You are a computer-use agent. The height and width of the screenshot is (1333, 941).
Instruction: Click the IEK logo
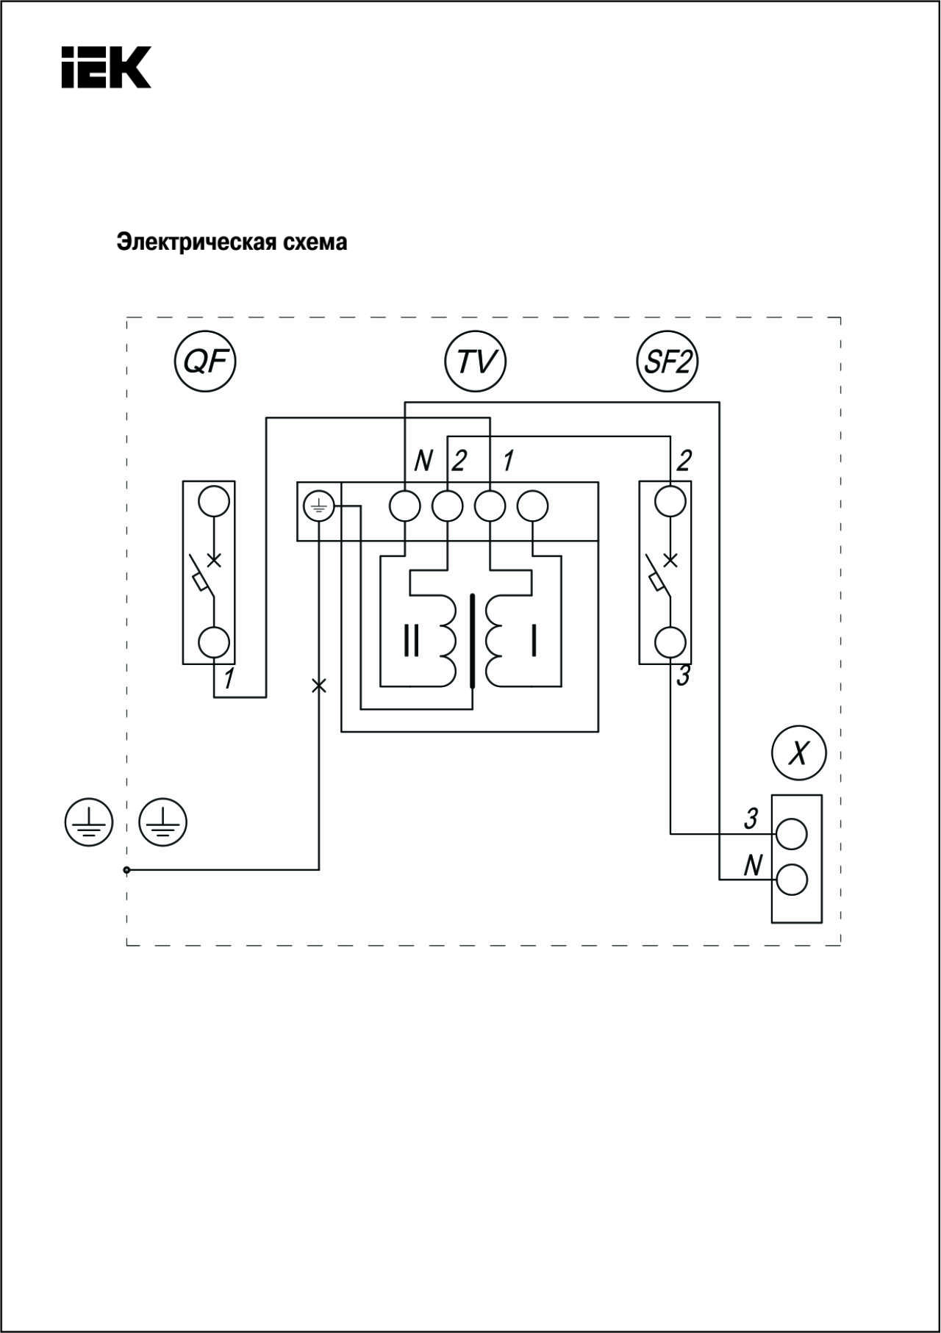[106, 68]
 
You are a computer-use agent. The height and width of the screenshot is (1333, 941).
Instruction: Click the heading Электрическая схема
[232, 242]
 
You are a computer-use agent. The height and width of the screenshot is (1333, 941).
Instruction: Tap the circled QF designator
[204, 362]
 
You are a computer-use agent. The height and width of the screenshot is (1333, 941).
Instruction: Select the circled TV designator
[476, 362]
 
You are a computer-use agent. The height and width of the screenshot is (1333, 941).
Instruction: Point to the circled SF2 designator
[667, 362]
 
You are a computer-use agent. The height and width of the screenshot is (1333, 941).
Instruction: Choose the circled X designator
[799, 753]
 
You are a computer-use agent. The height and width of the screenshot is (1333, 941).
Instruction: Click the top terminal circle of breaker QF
[214, 502]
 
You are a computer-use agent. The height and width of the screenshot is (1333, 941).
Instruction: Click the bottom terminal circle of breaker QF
[214, 642]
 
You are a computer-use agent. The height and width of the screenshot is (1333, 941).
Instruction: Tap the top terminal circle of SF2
[670, 502]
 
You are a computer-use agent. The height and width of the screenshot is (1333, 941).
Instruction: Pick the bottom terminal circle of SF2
[670, 642]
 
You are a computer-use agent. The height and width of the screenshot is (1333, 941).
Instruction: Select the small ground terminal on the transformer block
[319, 506]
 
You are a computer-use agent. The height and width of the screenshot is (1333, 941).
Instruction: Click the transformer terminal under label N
[405, 506]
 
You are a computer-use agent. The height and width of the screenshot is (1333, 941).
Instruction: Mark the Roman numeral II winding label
[412, 641]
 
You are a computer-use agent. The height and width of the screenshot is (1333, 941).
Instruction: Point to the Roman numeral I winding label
[534, 641]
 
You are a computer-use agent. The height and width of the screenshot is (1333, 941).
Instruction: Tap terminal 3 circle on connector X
[792, 834]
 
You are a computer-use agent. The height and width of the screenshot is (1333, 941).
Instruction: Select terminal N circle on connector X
[792, 880]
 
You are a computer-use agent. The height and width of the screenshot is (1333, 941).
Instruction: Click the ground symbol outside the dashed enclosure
[88, 822]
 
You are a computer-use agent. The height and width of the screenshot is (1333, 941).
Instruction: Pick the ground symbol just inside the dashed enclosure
[163, 822]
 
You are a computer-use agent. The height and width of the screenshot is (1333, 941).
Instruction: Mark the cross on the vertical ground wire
[318, 686]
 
